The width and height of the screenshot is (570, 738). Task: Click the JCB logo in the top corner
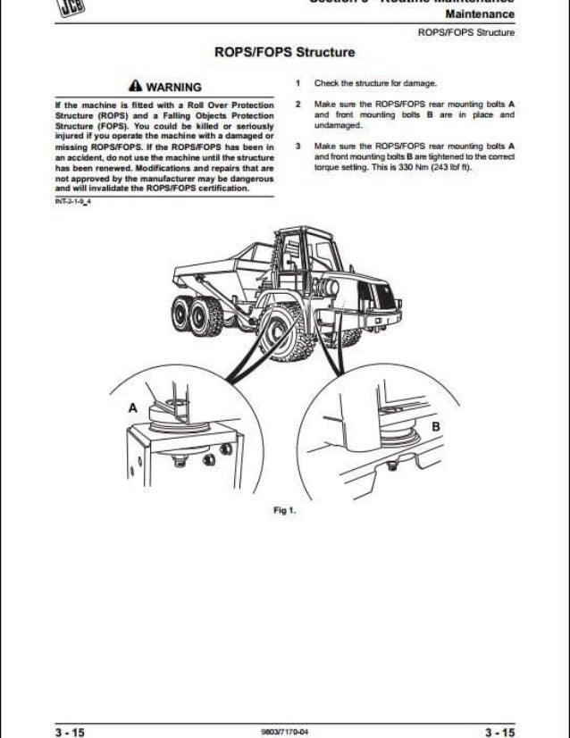coord(28,7)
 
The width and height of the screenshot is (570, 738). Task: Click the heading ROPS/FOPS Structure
coord(284,54)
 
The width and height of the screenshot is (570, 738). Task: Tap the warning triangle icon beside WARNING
coord(135,88)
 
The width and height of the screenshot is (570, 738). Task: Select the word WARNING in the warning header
coord(173,88)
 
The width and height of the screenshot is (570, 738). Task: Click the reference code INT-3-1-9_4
coord(74,201)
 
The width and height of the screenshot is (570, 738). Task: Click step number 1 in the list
coord(297,84)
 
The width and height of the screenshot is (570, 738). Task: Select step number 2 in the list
coord(297,105)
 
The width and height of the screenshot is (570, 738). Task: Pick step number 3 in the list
coord(297,146)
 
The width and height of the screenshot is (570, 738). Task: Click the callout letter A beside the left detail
coord(133,407)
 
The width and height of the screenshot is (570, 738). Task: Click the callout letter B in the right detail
coord(436,427)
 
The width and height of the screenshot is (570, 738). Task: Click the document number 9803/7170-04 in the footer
coord(284,730)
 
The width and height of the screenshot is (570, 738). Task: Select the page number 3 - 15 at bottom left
coord(71,730)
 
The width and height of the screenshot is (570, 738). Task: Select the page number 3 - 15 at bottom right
coord(497,730)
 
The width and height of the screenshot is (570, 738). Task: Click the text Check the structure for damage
coord(374,84)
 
